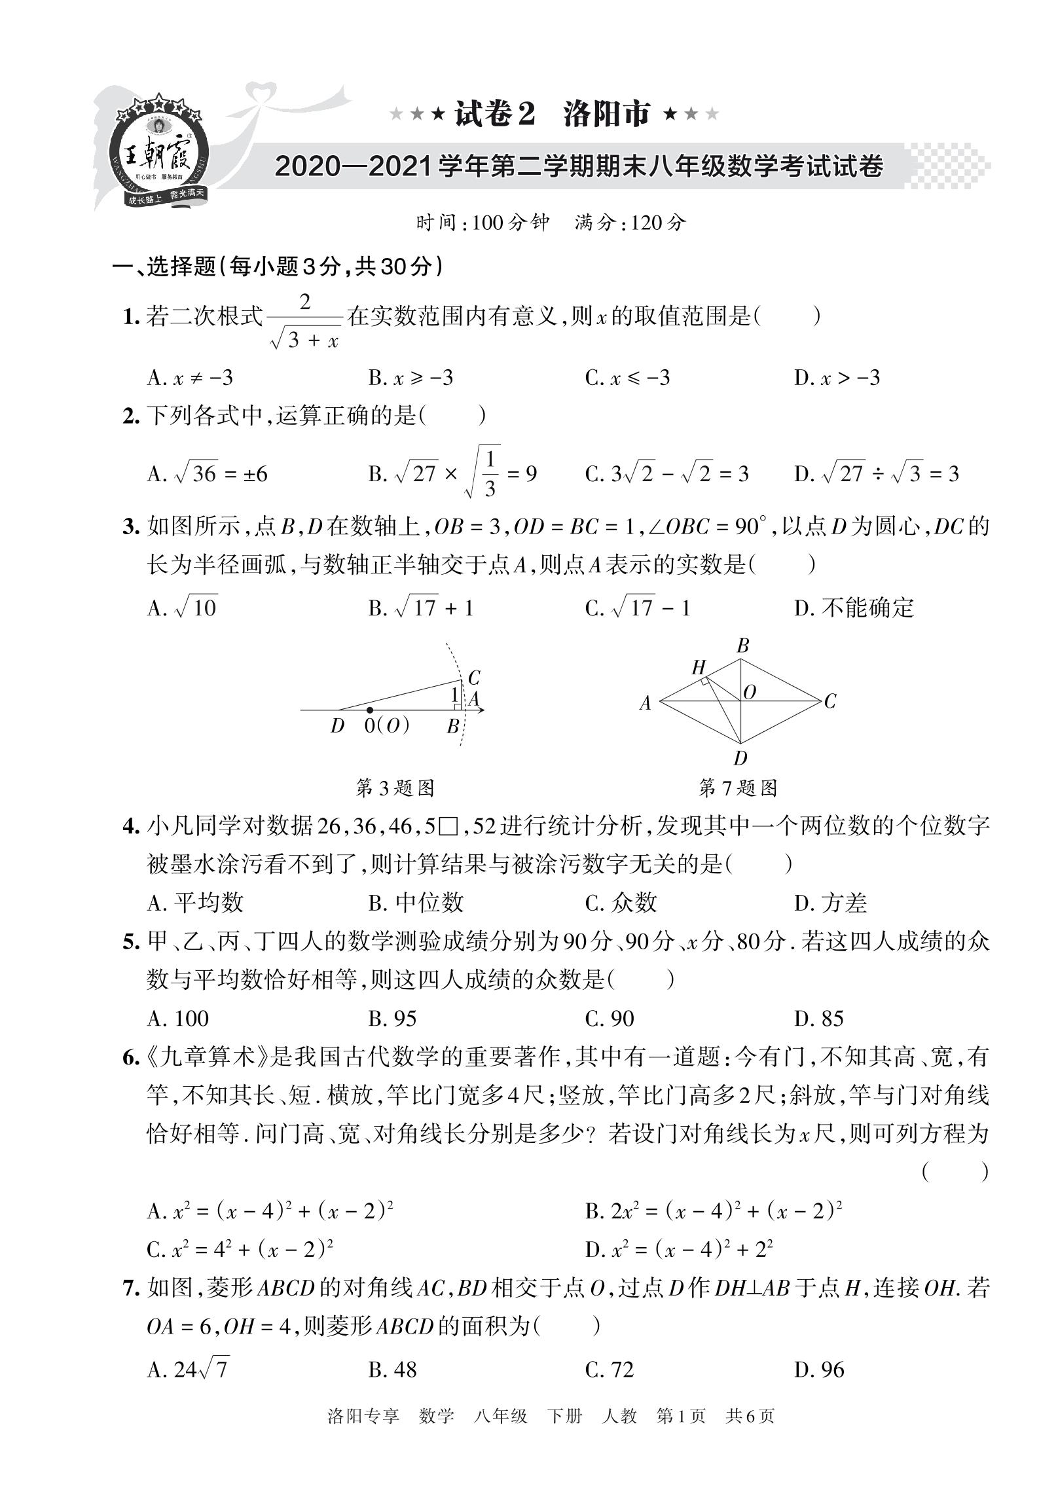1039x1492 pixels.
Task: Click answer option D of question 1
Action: [837, 378]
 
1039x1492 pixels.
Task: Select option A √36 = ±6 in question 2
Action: [208, 473]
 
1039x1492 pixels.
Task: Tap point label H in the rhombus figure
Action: [699, 668]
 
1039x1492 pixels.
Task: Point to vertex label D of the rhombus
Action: [740, 759]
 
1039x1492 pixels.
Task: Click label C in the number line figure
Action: [474, 678]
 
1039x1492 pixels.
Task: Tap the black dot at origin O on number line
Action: [370, 710]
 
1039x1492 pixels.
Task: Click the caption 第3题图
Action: [395, 788]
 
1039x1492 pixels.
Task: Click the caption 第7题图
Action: [738, 788]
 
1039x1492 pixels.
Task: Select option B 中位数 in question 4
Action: [416, 903]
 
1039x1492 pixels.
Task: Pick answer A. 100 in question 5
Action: [178, 1019]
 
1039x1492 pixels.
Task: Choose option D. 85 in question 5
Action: [819, 1019]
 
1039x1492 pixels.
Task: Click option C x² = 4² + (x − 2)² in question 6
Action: [240, 1250]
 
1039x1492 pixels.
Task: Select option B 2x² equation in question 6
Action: [713, 1211]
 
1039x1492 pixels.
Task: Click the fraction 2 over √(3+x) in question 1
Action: [305, 321]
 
